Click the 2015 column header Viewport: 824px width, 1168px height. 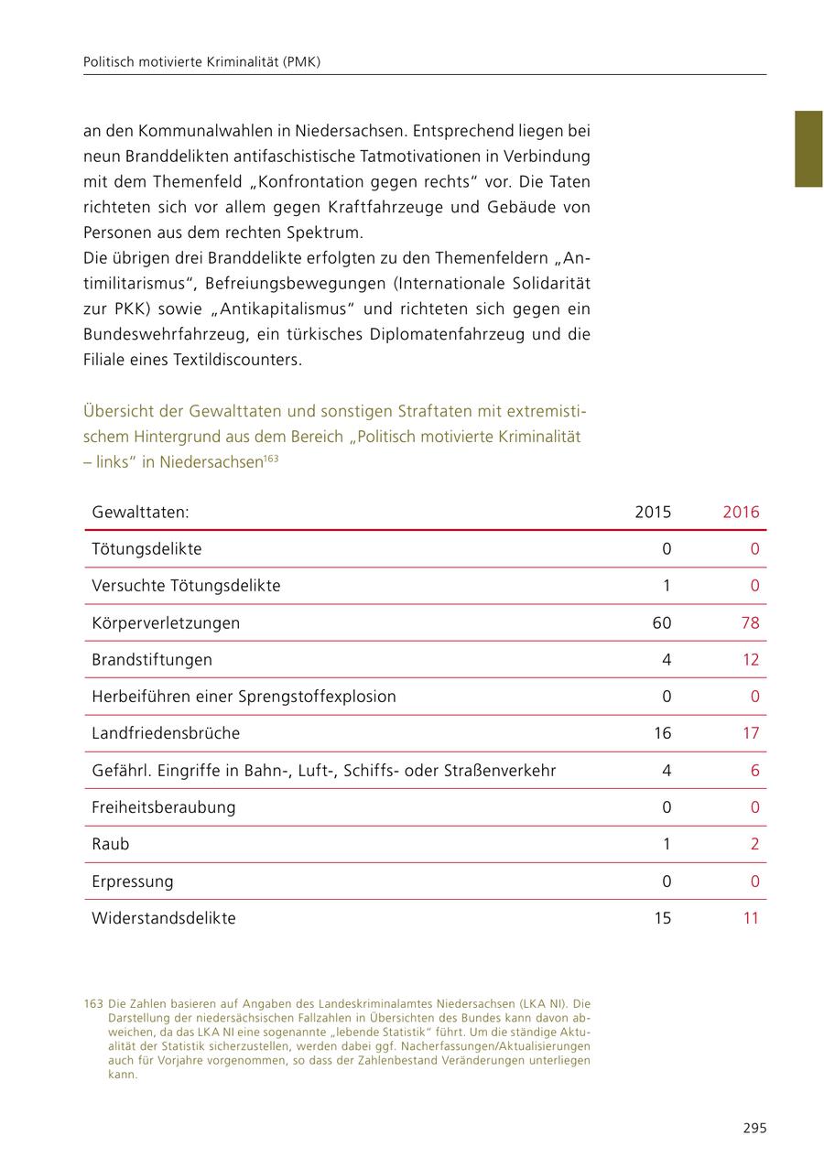653,512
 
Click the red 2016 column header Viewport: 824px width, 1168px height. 741,512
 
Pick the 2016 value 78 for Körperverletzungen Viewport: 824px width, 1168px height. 750,622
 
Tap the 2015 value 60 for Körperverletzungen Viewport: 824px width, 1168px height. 662,622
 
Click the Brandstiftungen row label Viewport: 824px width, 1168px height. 152,659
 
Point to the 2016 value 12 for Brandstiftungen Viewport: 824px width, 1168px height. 751,659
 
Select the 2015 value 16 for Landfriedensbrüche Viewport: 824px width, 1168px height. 662,733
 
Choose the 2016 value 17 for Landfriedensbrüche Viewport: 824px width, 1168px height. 751,733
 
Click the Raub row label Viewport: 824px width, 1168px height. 111,844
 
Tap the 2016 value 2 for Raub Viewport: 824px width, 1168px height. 754,844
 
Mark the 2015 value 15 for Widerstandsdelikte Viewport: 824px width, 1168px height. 662,917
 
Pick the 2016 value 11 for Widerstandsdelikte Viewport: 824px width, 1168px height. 751,917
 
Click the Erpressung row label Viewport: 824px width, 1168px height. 132,881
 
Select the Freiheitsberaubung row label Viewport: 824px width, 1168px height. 164,807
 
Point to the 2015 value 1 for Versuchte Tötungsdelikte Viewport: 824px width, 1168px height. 667,585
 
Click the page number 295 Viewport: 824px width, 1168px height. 754,1128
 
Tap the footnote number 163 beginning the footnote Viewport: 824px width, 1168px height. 93,1002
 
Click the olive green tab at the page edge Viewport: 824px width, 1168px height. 808,149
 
